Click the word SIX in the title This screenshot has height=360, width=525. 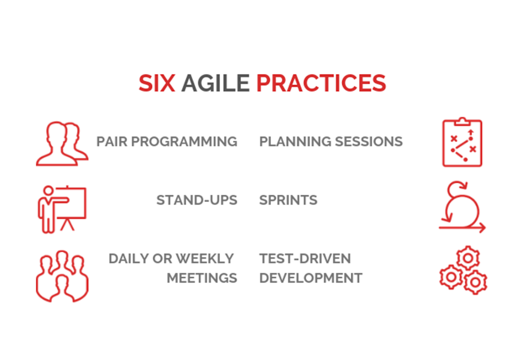[156, 83]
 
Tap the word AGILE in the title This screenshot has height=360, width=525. [215, 83]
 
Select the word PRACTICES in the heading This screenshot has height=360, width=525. [321, 83]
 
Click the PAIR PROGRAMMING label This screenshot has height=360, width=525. [167, 142]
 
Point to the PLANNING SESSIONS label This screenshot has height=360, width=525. [331, 142]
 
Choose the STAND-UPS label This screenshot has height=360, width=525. [197, 200]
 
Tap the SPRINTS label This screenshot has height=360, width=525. [288, 200]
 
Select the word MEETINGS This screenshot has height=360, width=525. [202, 278]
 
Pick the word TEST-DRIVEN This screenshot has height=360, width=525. [305, 259]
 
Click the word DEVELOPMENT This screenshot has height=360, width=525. [311, 278]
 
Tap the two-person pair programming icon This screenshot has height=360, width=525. [62, 144]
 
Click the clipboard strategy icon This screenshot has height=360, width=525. [462, 142]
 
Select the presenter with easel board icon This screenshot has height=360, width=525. [62, 209]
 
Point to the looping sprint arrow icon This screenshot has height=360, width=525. [462, 207]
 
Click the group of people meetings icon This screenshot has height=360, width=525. [62, 276]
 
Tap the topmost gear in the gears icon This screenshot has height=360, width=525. [468, 258]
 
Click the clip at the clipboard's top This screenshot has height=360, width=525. [463, 121]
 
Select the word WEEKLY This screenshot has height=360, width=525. [205, 259]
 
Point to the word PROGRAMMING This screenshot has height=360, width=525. [184, 142]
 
